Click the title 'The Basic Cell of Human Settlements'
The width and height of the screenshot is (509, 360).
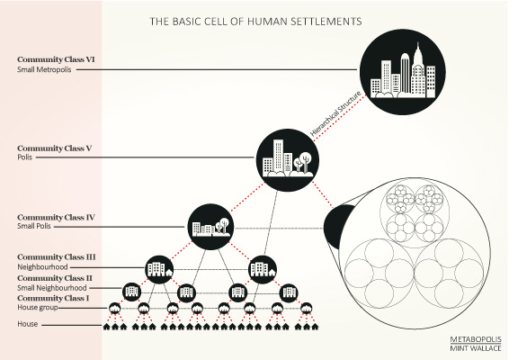click(x=255, y=22)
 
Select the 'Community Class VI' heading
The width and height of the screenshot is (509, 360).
click(x=56, y=59)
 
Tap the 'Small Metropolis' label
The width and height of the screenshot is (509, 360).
click(x=44, y=69)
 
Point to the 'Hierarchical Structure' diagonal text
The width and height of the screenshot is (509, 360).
click(x=335, y=113)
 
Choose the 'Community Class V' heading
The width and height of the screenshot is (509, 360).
click(x=55, y=148)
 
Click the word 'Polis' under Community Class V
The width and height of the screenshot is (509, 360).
click(x=24, y=157)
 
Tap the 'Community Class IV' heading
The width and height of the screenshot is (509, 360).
click(x=56, y=217)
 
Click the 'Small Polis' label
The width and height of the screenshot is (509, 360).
click(x=34, y=226)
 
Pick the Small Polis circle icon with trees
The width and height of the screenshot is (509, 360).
click(x=210, y=227)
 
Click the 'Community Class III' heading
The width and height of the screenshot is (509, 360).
click(x=57, y=257)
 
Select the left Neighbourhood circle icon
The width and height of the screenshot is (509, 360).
click(x=159, y=269)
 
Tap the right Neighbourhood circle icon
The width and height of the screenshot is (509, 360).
click(x=263, y=269)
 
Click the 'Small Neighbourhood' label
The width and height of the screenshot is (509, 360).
click(x=52, y=288)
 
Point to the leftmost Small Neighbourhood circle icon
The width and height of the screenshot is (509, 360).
click(x=131, y=292)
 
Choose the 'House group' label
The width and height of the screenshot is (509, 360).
click(x=38, y=308)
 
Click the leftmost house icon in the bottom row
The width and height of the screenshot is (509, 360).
click(x=107, y=327)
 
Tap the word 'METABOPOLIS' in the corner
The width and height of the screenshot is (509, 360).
click(x=476, y=339)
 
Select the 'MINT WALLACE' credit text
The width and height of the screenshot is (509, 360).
click(x=476, y=348)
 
